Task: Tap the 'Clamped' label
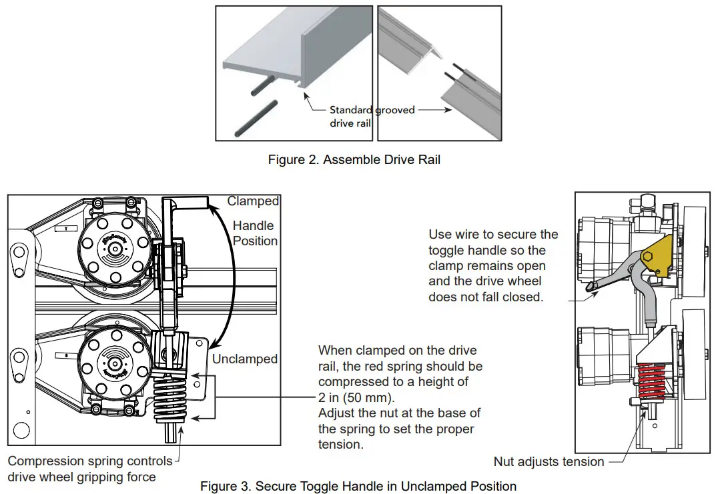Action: pyautogui.click(x=253, y=201)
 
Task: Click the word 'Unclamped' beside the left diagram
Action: pyautogui.click(x=245, y=359)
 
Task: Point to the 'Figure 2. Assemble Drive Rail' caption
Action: pyautogui.click(x=354, y=160)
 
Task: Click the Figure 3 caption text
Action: pyautogui.click(x=358, y=486)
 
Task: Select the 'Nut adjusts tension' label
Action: pyautogui.click(x=549, y=461)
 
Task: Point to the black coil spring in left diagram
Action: pyautogui.click(x=172, y=400)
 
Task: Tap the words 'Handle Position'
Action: pyautogui.click(x=255, y=233)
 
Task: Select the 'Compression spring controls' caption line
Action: pyautogui.click(x=89, y=461)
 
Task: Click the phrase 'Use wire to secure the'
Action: pyautogui.click(x=493, y=234)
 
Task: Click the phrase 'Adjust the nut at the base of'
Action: pyautogui.click(x=399, y=413)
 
